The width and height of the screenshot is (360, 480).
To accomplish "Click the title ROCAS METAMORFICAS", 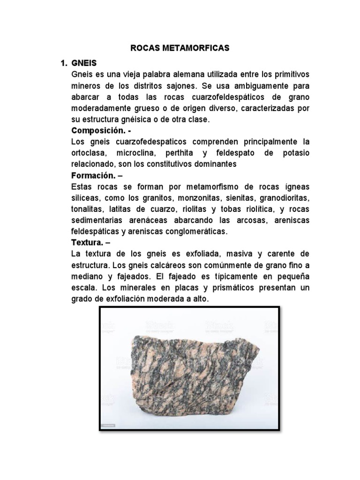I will point(180,48).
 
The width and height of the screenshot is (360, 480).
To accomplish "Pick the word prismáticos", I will point(225,288).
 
